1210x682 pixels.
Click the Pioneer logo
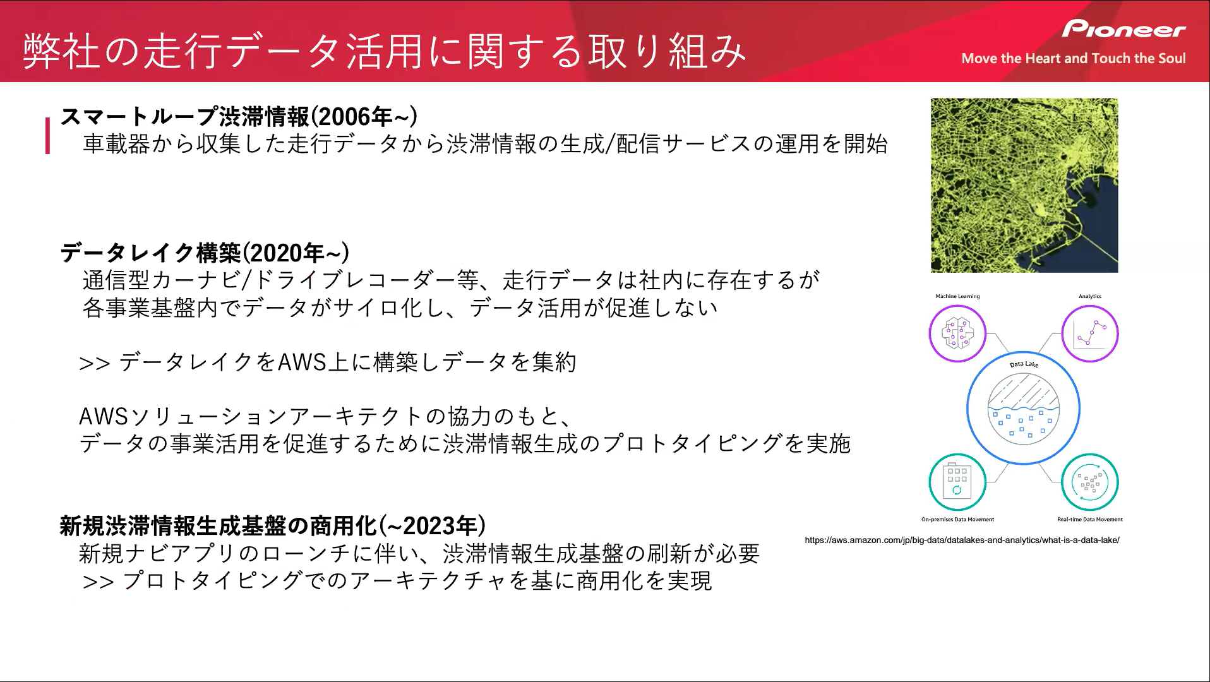[1123, 29]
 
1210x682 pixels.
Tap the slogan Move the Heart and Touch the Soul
[1074, 59]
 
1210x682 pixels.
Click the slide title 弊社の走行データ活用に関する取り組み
[385, 51]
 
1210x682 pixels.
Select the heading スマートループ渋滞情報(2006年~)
[239, 117]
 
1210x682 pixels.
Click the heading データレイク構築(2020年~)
[205, 253]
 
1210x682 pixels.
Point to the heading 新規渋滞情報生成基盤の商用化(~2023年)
[273, 525]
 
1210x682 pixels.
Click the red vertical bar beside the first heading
[47, 136]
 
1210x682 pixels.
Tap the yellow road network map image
[1024, 185]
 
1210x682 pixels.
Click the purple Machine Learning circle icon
[957, 333]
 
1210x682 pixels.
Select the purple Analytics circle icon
[1090, 333]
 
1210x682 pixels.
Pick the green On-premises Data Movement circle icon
[957, 482]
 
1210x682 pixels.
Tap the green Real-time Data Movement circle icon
[1090, 482]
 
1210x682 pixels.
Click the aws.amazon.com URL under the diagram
[962, 540]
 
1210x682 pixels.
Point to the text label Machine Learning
[957, 296]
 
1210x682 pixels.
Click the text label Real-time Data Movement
[1090, 520]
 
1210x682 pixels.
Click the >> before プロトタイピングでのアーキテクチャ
[98, 582]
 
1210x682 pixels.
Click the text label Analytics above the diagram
[1090, 296]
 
